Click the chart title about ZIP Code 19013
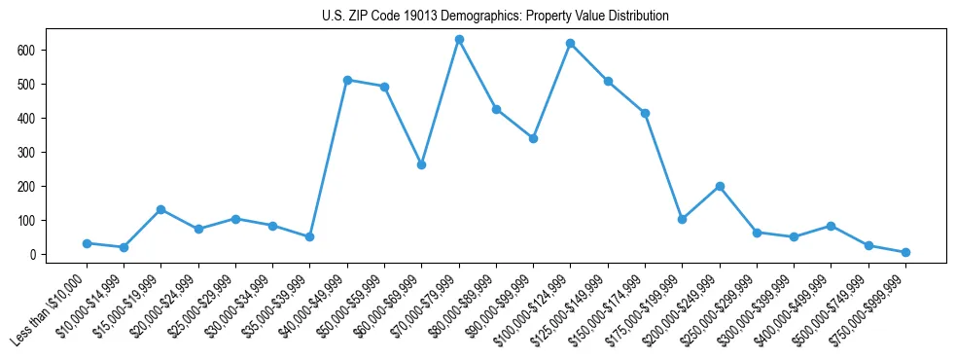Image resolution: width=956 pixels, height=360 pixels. coord(495,17)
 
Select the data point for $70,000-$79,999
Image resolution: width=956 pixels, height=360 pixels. coord(459,40)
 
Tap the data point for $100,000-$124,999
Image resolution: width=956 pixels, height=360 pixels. coord(571,44)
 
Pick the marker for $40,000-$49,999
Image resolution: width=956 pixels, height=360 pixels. coord(347,80)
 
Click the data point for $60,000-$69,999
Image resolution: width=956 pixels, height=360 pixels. coord(421,165)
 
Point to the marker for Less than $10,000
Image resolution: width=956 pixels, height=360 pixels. coord(87,243)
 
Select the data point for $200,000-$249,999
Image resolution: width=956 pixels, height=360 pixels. coord(720,186)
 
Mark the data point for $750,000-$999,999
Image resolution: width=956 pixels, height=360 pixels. coord(905,252)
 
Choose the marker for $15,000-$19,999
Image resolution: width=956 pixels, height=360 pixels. coord(161,209)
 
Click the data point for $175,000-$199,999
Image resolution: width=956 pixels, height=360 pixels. coord(683,219)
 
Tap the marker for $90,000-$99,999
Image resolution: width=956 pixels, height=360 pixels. coord(533,138)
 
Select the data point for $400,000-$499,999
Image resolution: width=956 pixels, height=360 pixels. coord(831,226)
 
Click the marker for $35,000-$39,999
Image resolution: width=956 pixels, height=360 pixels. coord(310,236)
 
